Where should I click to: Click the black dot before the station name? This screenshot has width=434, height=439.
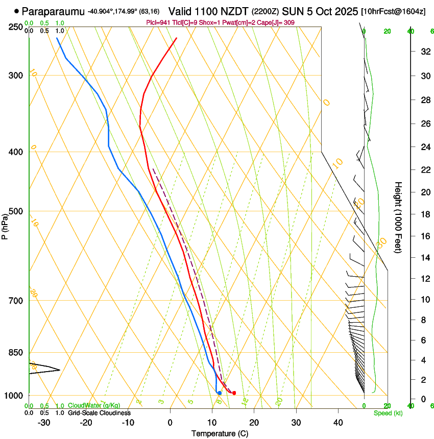(17, 11)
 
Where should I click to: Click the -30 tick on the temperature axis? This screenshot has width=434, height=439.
(44, 423)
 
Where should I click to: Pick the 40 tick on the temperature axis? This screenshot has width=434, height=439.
(338, 423)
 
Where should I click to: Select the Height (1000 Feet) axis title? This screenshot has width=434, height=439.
(398, 217)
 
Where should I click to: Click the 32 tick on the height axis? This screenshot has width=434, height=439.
(424, 52)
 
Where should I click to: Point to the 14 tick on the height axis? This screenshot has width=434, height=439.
(424, 258)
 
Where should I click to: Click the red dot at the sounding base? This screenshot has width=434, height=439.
(234, 393)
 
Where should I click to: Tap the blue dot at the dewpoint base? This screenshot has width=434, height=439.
(219, 393)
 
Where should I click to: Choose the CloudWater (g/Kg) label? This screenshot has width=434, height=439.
(94, 406)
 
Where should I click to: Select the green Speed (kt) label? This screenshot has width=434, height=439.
(388, 413)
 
